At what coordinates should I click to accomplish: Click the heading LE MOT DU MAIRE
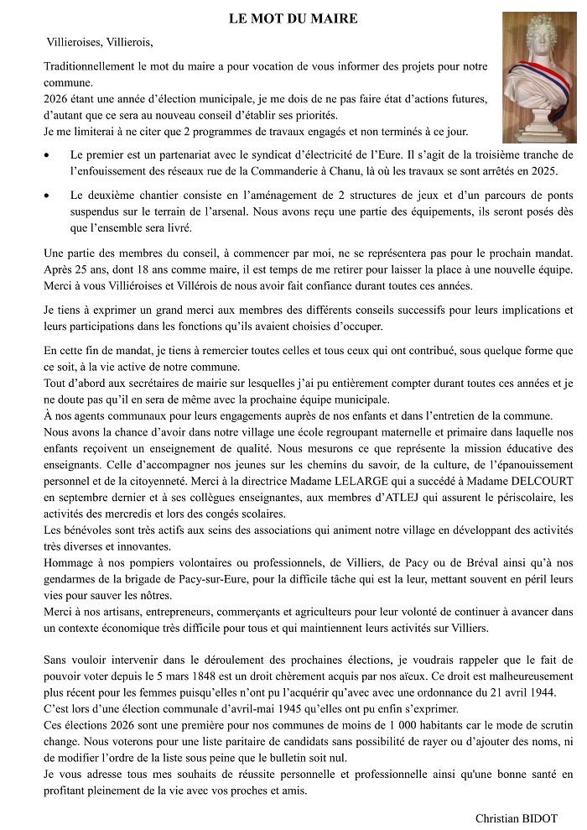[293, 18]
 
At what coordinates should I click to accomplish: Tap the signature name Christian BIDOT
[516, 817]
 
